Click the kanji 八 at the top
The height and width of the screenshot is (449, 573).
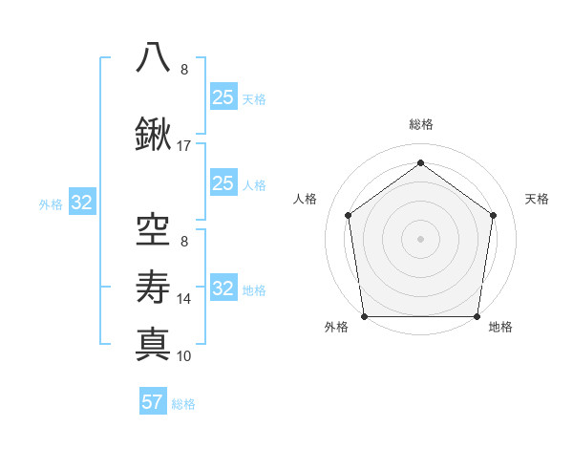[153, 56]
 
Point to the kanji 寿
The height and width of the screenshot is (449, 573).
[153, 285]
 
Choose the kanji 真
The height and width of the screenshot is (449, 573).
[153, 343]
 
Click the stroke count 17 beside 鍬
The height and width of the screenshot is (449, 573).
[184, 146]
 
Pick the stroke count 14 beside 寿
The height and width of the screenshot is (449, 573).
[184, 299]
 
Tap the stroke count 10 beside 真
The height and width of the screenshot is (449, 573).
[184, 356]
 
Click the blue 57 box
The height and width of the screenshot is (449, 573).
[153, 402]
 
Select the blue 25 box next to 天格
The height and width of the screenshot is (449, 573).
[223, 97]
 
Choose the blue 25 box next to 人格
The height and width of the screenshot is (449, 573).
[223, 183]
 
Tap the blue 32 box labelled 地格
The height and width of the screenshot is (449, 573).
[223, 289]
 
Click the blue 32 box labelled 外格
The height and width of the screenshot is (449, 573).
[81, 203]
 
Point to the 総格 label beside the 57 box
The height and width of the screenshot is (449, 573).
[183, 404]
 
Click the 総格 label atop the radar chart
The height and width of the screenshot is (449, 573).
[420, 124]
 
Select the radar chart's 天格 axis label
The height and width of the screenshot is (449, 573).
[537, 199]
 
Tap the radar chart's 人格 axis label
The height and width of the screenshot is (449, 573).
[306, 199]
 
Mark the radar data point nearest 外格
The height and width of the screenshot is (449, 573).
[365, 316]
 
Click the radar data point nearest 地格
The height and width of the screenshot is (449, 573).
[477, 316]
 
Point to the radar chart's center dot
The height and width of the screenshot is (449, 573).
[420, 238]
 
